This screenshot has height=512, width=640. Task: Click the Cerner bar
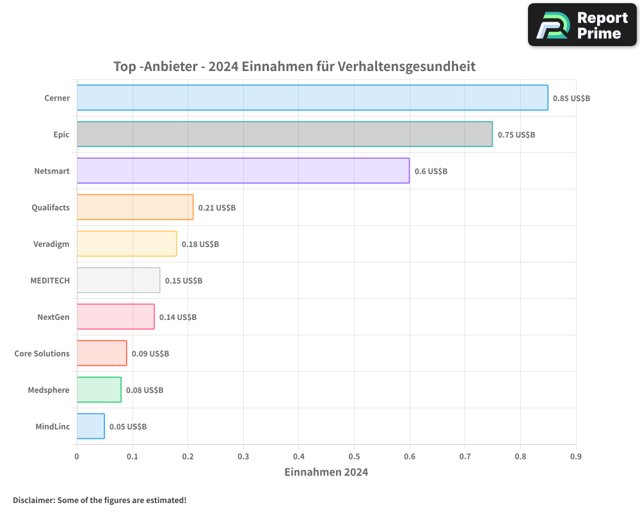coord(312,98)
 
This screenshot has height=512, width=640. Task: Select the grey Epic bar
coord(285,134)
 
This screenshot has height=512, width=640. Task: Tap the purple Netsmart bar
coord(243,171)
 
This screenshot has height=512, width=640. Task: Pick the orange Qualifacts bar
coord(135,207)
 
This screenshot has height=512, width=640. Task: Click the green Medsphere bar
coord(99,390)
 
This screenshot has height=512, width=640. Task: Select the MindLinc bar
coord(91,426)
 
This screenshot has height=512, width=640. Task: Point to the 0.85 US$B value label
coord(571,99)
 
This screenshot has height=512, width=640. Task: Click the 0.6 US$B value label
coord(431,172)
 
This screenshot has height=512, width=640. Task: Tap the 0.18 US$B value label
coord(200,244)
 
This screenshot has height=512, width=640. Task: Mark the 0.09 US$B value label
coord(150,354)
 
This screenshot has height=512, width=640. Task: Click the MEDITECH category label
coord(50,280)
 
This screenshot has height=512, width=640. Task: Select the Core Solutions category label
coord(42,353)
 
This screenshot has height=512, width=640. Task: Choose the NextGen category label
coord(54,317)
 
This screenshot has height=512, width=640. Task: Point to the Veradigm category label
coord(51,244)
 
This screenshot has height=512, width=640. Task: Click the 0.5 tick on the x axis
coord(354,457)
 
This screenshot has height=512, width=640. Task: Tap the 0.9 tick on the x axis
coord(575,457)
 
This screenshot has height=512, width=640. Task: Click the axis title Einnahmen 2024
coord(326,472)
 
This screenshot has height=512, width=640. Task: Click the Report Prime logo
coord(582,25)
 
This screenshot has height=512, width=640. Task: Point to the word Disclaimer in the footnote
coord(33,500)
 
